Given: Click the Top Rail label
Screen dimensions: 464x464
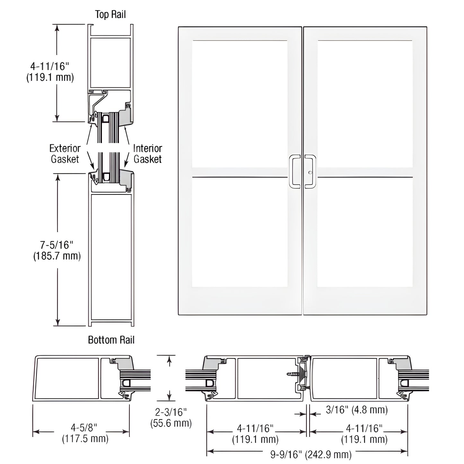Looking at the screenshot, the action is click(110, 14).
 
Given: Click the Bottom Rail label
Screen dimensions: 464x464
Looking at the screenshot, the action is click(111, 340).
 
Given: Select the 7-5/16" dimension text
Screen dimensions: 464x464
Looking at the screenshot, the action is click(57, 245).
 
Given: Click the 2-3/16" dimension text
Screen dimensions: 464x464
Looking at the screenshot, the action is click(171, 412).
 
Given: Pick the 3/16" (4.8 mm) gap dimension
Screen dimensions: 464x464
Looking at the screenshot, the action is click(357, 410).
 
